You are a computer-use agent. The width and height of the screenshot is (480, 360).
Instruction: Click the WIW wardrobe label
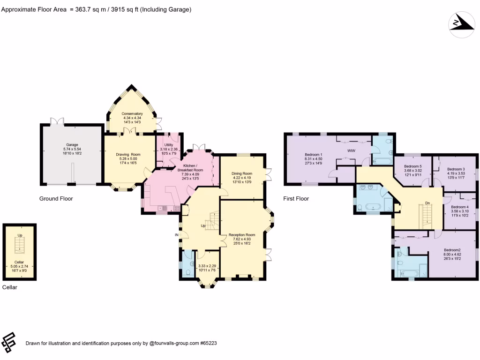[x=352, y=151]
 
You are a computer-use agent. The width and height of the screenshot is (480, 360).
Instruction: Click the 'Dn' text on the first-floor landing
[x=427, y=203]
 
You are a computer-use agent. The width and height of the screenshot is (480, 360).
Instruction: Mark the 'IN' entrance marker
[x=177, y=234]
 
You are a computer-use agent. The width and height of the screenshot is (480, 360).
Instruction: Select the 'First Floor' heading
[x=296, y=199]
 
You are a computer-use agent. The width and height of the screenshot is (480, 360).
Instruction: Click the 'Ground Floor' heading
[x=56, y=199]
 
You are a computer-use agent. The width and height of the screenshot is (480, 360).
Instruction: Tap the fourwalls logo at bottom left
[x=9, y=342]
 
